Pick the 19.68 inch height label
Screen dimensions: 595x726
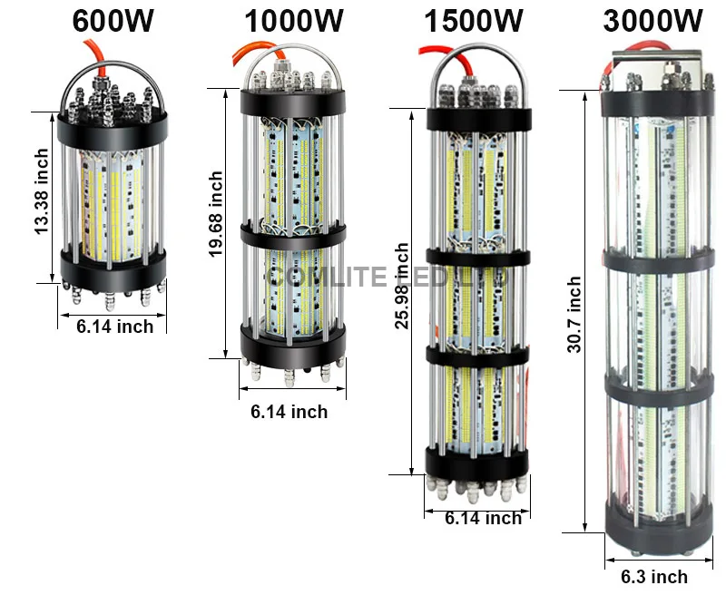point(216,215)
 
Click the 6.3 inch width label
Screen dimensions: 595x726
point(653,577)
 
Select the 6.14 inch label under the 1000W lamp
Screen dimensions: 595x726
point(289,413)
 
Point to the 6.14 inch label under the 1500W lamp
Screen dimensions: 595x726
point(483,519)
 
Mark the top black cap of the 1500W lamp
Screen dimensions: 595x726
point(477,116)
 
